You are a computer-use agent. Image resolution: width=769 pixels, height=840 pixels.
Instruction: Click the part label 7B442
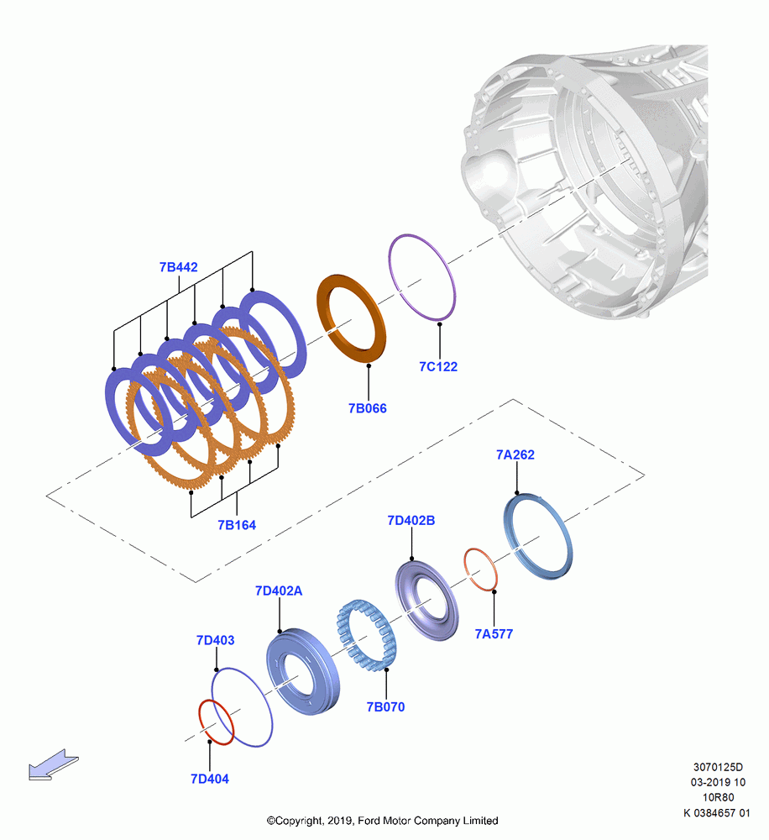(x=178, y=267)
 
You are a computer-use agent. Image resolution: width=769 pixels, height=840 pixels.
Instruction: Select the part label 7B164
(x=237, y=525)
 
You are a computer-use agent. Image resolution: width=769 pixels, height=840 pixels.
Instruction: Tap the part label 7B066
(x=368, y=408)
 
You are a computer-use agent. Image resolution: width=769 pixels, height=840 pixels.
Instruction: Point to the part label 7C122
(x=438, y=366)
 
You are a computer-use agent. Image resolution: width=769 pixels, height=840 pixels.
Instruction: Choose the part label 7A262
(x=515, y=454)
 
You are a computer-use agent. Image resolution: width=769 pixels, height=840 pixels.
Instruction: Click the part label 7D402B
(x=411, y=520)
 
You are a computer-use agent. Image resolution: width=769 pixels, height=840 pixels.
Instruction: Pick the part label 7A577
(x=494, y=633)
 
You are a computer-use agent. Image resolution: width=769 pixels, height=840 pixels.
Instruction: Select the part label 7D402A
(x=279, y=591)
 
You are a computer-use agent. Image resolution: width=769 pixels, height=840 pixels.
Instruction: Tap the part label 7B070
(x=385, y=706)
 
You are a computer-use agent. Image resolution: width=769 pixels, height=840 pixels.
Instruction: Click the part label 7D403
(x=215, y=640)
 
